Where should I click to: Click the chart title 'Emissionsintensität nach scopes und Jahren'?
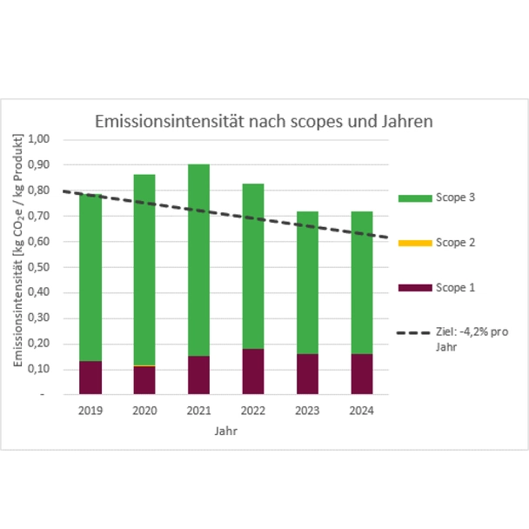click(263, 122)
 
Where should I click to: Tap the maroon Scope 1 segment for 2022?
click(253, 372)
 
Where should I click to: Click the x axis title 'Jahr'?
click(225, 431)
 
